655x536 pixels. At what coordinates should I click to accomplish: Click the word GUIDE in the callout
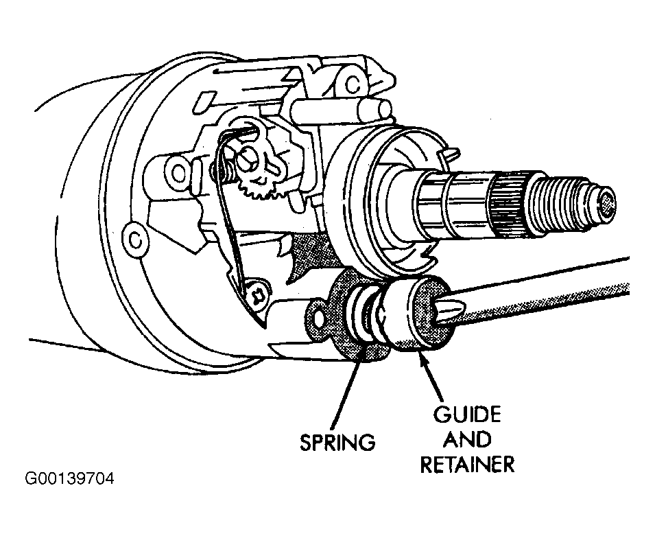click(x=466, y=415)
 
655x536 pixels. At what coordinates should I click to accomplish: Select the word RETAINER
click(x=467, y=464)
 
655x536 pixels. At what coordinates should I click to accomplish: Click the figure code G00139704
click(x=69, y=478)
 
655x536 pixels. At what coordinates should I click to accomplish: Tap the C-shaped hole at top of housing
click(x=353, y=84)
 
